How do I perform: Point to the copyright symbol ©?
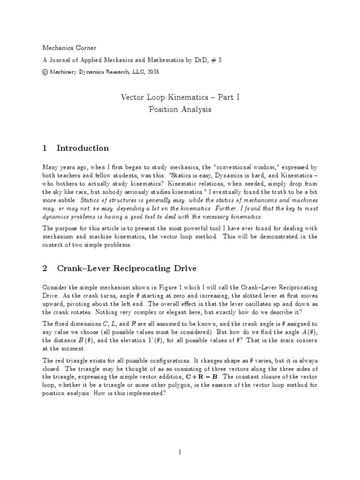(45, 73)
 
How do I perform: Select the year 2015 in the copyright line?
(150, 73)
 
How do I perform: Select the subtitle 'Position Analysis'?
(180, 110)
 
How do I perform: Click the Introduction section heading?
(82, 148)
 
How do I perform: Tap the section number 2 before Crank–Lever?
(45, 268)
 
